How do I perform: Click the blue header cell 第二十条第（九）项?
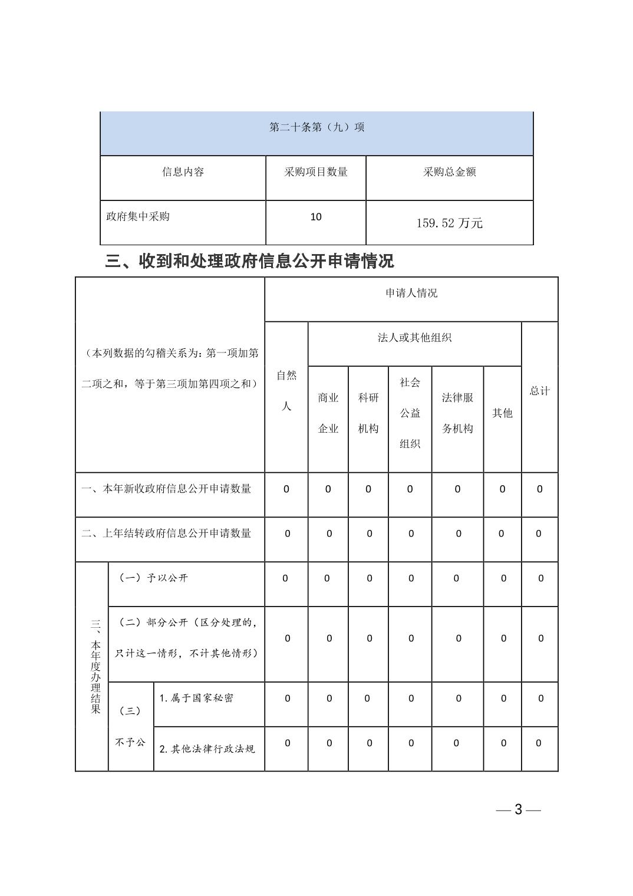coord(316,127)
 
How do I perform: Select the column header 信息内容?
coord(183,172)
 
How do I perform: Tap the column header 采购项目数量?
coord(316,172)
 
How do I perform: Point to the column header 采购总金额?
coord(449,172)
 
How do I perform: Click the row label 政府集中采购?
coord(138,217)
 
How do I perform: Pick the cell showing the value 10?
coord(316,217)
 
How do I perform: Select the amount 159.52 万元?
coord(449,223)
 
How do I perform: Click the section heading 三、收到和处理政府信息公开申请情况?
coord(249,261)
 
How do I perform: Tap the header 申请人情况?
coord(411,294)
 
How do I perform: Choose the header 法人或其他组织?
coord(414,338)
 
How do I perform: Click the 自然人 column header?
coord(286,390)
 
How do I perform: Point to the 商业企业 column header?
coord(328,413)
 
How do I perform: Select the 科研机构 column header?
coord(368,413)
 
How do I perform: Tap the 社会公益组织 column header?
coord(410,413)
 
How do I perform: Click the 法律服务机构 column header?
coord(457,413)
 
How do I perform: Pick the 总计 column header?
coord(539,391)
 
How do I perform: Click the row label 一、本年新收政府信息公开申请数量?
coord(166,489)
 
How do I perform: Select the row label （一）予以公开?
coord(153,578)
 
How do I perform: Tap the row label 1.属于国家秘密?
coord(196,698)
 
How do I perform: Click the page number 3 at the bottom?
coord(518,809)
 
